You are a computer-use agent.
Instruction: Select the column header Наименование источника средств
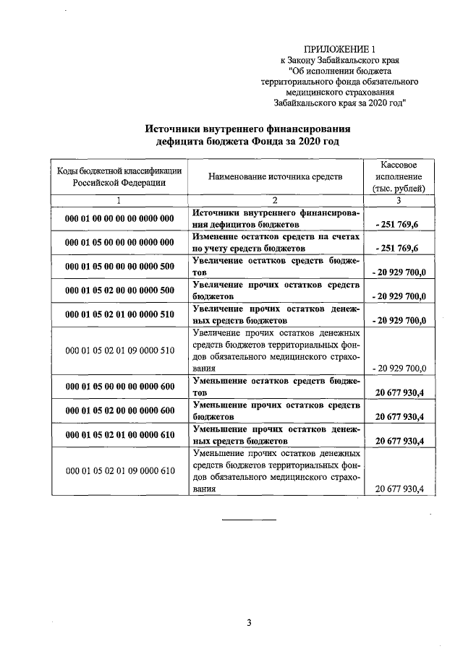pyautogui.click(x=275, y=176)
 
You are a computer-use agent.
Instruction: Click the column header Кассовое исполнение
pyautogui.click(x=398, y=176)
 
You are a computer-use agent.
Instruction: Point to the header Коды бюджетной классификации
pyautogui.click(x=119, y=176)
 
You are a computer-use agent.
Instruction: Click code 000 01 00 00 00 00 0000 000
pyautogui.click(x=119, y=218)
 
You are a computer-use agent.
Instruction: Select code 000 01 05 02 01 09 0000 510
pyautogui.click(x=119, y=350)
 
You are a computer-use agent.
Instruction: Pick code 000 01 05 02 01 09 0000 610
pyautogui.click(x=119, y=470)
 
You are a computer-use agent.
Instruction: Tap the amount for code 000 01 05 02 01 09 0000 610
pyautogui.click(x=400, y=489)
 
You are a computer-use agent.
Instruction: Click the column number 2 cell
pyautogui.click(x=275, y=200)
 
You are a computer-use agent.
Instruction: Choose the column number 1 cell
pyautogui.click(x=119, y=200)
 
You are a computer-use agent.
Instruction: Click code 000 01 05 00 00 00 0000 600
pyautogui.click(x=119, y=387)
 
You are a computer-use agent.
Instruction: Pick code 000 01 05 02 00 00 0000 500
pyautogui.click(x=119, y=291)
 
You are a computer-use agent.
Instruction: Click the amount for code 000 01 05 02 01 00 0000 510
pyautogui.click(x=399, y=320)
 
